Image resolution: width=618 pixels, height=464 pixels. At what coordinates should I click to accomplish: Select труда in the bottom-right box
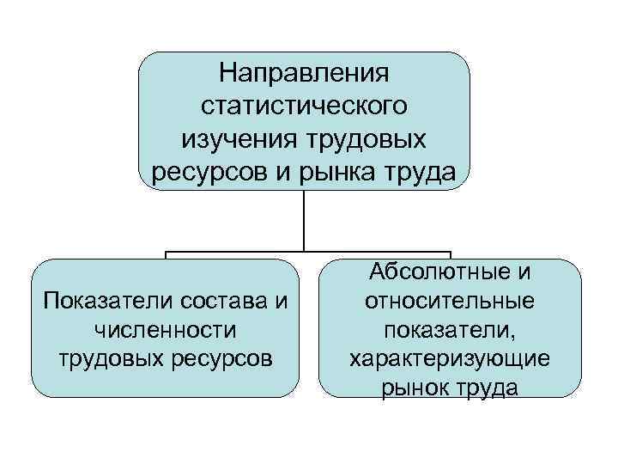pyautogui.click(x=487, y=388)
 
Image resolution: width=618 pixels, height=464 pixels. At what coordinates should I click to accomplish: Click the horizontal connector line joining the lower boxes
pyautogui.click(x=305, y=253)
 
